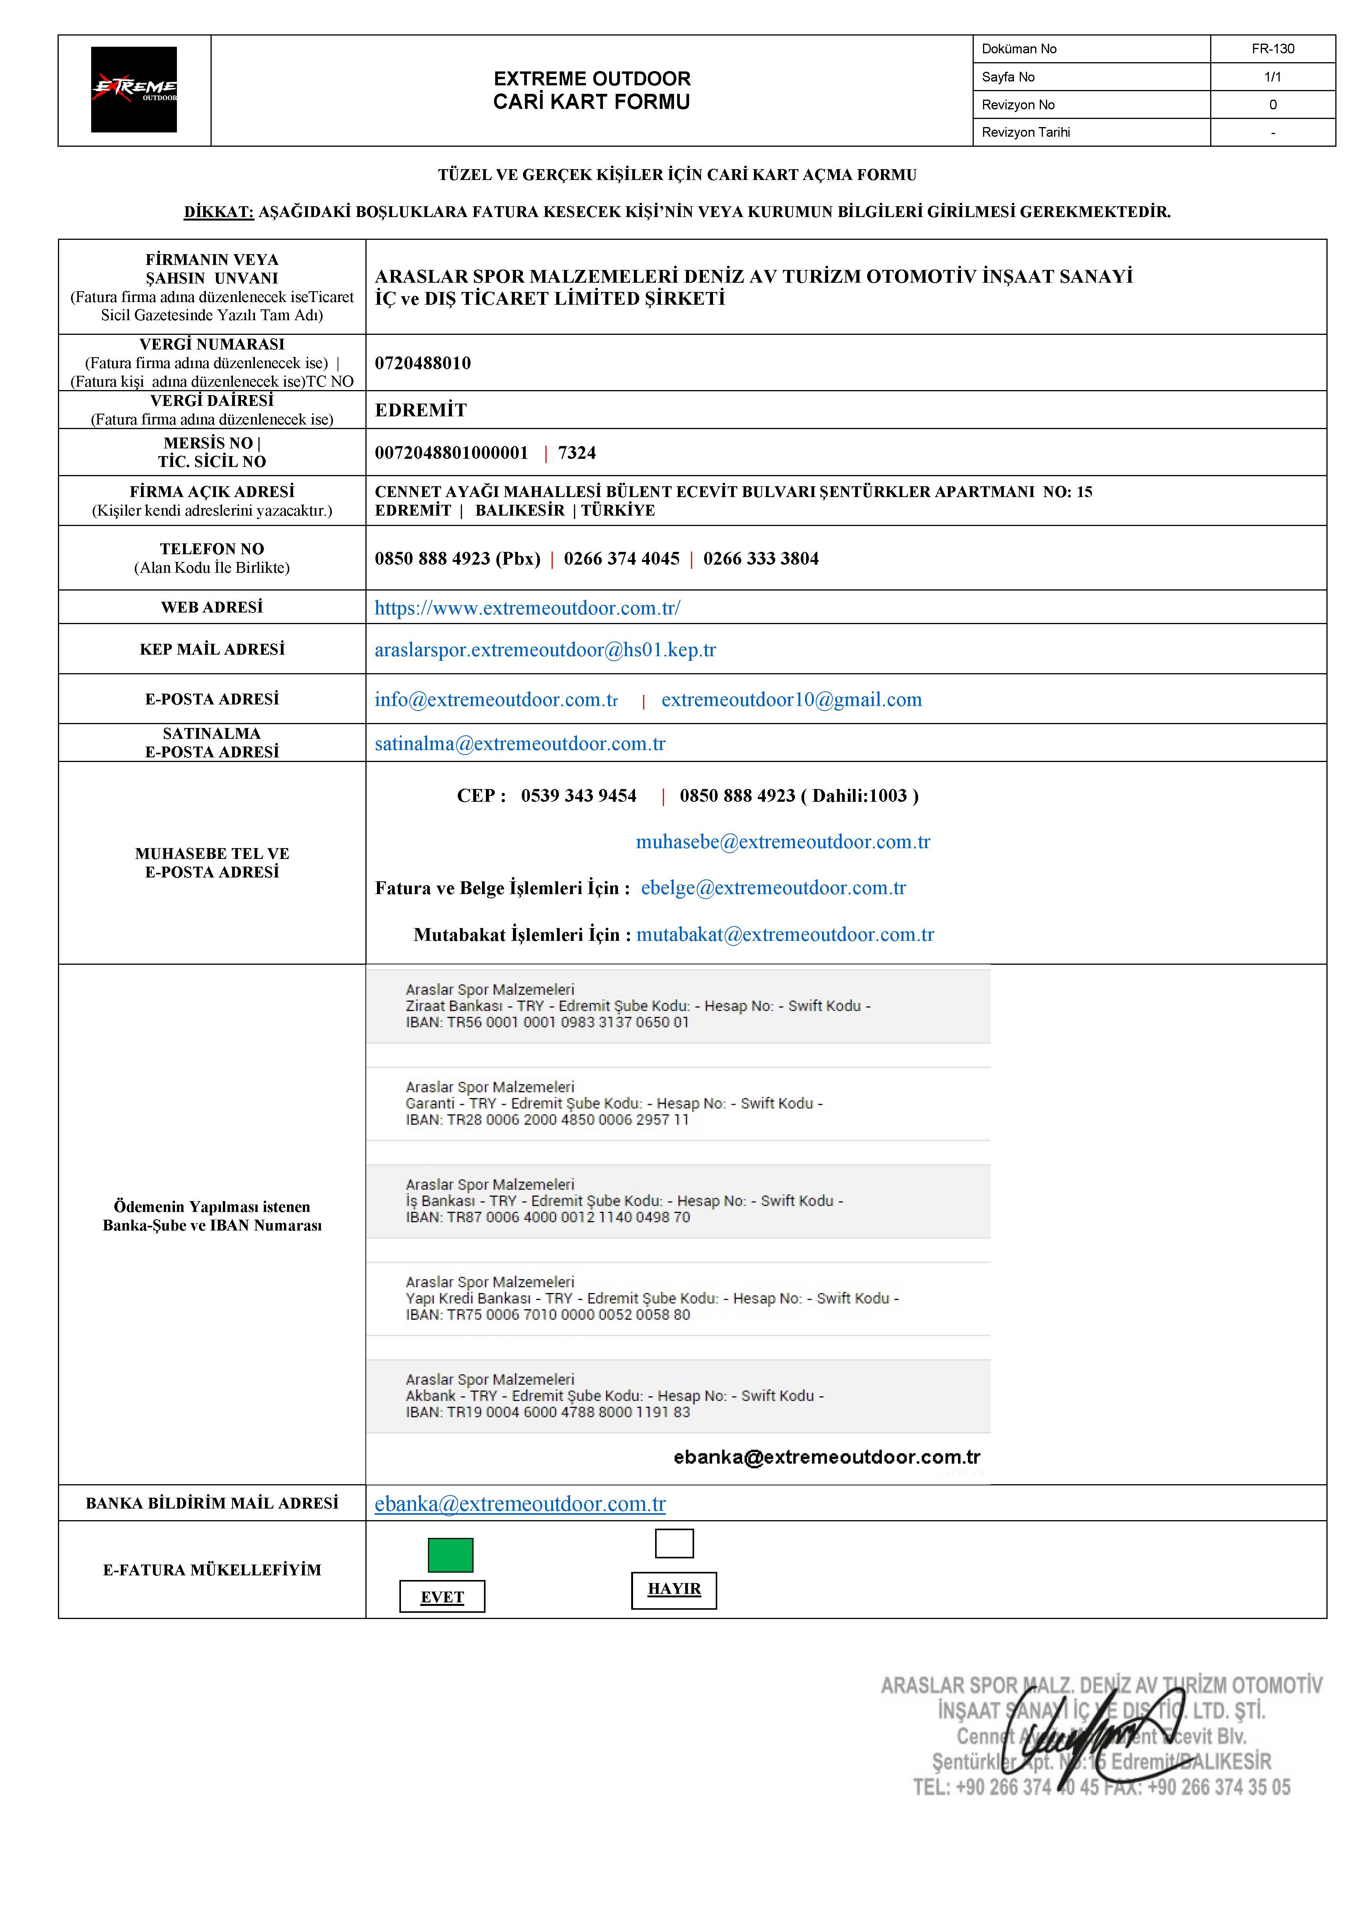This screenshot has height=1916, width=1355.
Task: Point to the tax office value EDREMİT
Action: point(421,410)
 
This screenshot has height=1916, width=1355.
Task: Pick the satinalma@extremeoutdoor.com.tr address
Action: point(520,743)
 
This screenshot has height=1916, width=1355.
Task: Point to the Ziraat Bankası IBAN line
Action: point(547,1022)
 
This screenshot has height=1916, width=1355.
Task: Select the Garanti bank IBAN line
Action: point(547,1120)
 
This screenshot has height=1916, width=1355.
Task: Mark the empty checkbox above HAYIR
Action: point(674,1543)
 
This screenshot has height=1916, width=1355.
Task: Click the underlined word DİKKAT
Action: point(219,212)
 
